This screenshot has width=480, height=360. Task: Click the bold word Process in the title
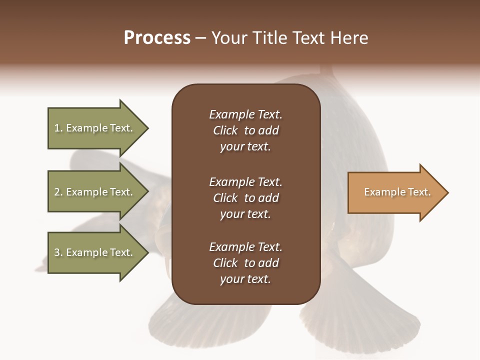tap(157, 37)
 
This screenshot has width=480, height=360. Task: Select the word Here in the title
tap(350, 37)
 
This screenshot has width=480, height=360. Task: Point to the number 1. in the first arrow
tap(58, 128)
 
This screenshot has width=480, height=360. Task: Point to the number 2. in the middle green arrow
tap(58, 192)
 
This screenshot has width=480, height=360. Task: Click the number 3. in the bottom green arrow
tap(58, 252)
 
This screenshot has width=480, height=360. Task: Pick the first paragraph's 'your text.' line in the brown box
tap(245, 147)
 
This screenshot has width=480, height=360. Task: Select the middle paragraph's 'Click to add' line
tap(245, 198)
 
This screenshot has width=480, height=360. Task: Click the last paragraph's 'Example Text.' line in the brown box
tap(245, 247)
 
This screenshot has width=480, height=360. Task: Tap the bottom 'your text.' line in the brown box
tap(245, 279)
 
